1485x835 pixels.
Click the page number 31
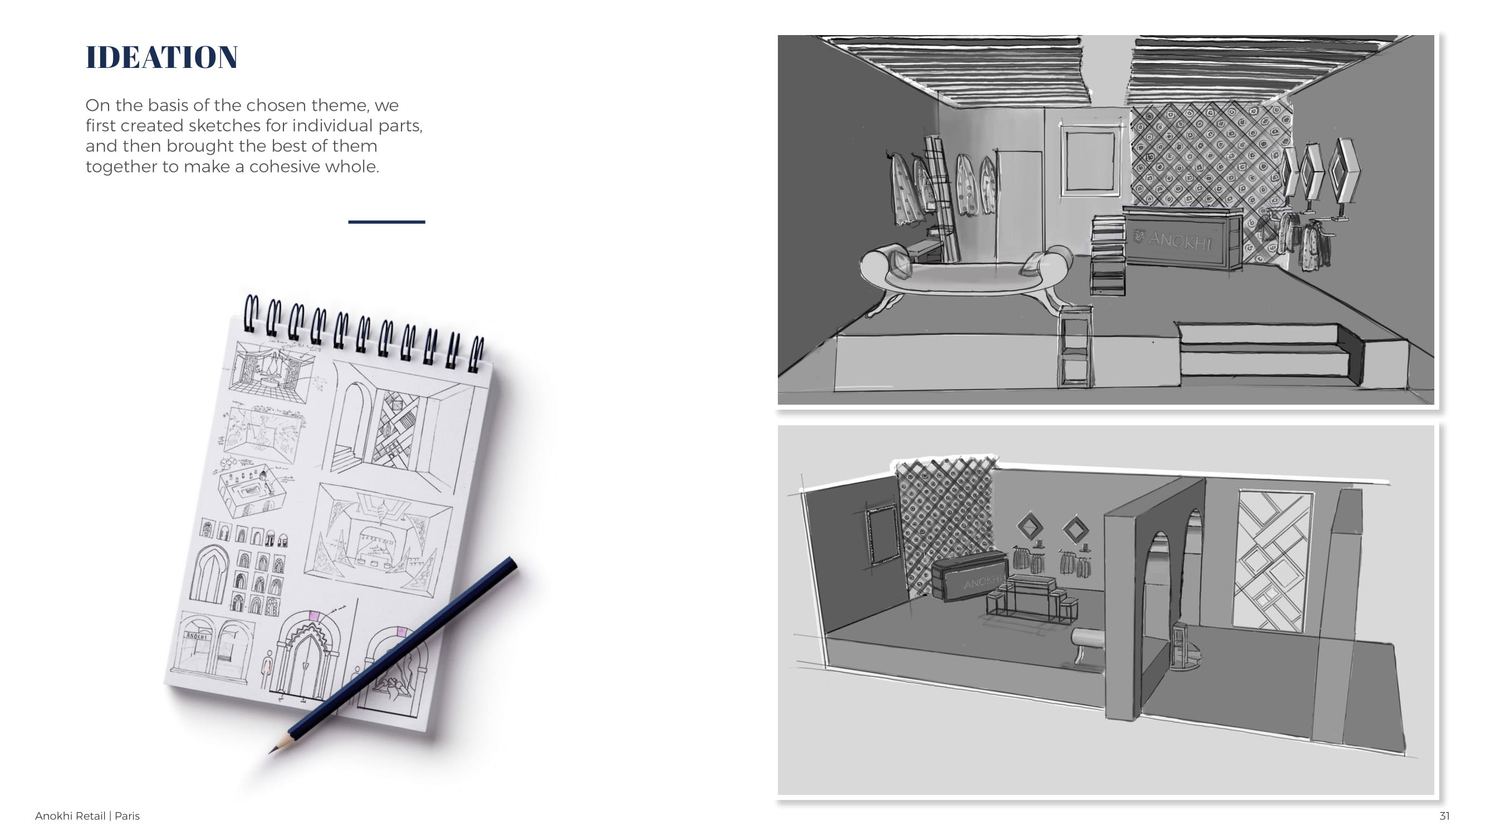1444,816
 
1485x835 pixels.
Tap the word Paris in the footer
127,816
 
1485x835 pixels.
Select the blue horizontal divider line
386,222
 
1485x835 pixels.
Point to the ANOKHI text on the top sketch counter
1179,240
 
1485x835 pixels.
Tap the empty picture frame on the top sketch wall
1089,160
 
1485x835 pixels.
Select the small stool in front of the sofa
1075,346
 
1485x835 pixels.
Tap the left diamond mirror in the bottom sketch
1030,526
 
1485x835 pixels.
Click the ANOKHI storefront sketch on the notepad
212,645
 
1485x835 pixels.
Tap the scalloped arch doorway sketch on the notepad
307,654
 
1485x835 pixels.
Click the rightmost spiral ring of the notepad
477,353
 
